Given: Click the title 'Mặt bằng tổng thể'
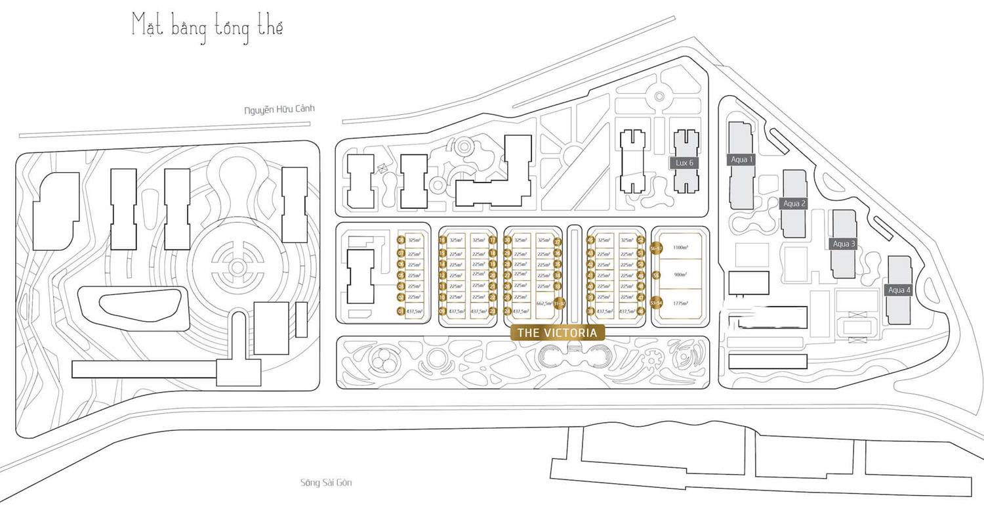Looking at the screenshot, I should (x=207, y=28).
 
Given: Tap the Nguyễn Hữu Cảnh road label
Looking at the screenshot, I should (x=279, y=110).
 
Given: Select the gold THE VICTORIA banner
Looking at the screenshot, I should (x=557, y=333).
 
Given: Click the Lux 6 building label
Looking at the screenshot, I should (x=684, y=162).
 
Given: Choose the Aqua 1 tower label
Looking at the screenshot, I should (x=742, y=160).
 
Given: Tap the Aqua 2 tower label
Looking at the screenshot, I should (x=794, y=204).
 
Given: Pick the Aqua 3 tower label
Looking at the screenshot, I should (x=844, y=244).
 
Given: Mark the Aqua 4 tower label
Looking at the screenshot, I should (x=899, y=290).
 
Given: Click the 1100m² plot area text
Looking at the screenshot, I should (x=680, y=248).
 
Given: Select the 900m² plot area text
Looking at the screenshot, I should (x=680, y=274).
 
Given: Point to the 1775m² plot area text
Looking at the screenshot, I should (x=680, y=303).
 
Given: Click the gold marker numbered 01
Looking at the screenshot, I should (x=400, y=311).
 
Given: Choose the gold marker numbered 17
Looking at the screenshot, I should (x=492, y=240).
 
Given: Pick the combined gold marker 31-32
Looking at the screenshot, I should (x=558, y=304).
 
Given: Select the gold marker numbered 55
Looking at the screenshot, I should (x=655, y=276).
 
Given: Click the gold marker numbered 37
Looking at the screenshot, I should (x=558, y=242).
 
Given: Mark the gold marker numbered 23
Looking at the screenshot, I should (x=492, y=311).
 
